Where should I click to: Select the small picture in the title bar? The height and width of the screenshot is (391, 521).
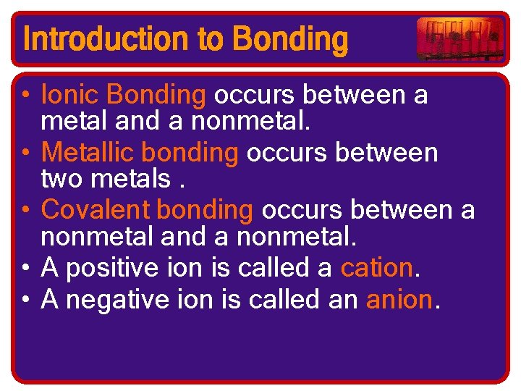pyautogui.click(x=460, y=39)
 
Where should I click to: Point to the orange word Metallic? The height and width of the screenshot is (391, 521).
pyautogui.click(x=88, y=153)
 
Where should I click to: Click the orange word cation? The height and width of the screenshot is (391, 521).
pyautogui.click(x=376, y=268)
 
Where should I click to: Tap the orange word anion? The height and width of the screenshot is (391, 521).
pyautogui.click(x=398, y=297)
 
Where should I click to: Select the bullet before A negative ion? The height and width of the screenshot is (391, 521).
pyautogui.click(x=25, y=298)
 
